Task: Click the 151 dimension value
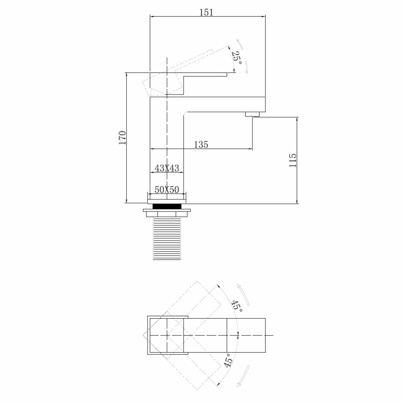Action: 206,12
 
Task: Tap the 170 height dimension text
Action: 122,138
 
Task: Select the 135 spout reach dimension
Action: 201,144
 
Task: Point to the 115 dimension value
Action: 293,160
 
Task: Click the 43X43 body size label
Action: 166,168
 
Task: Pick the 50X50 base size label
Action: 166,190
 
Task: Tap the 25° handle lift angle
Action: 237,58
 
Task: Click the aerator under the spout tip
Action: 252,114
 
